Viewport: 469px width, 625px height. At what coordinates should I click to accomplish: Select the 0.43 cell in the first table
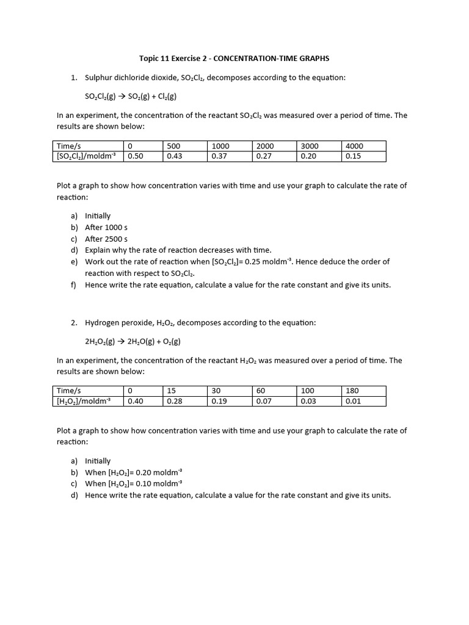(x=174, y=156)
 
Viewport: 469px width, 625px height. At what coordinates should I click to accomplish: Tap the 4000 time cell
(x=354, y=146)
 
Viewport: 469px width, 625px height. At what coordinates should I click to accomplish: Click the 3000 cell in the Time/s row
(x=310, y=146)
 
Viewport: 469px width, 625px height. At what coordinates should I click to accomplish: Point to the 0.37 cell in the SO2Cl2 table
(x=219, y=156)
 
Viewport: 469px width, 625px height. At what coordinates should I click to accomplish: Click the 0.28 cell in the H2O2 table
(x=174, y=401)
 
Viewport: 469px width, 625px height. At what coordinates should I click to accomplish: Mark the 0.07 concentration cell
(x=264, y=401)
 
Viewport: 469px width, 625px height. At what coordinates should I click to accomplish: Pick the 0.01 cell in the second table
(x=353, y=401)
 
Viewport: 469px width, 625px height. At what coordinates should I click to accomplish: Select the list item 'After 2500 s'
(x=106, y=239)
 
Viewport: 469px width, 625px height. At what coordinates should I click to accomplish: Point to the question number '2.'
(x=73, y=322)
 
